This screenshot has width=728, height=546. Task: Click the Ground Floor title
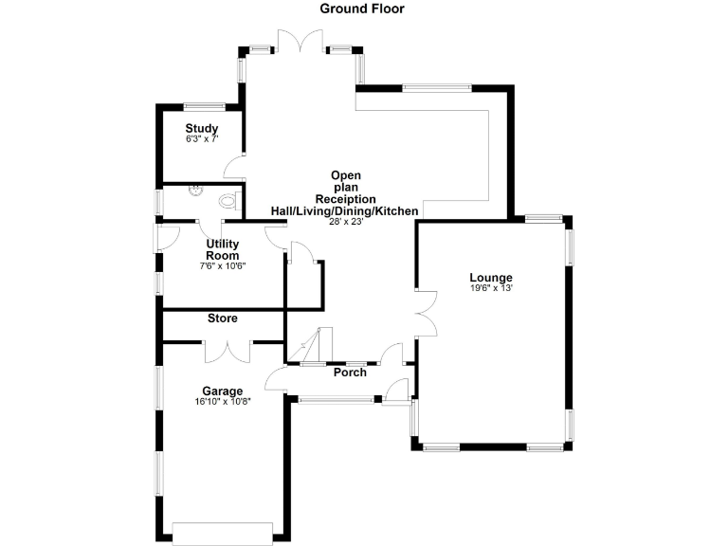(362, 9)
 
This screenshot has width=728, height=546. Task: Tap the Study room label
(202, 129)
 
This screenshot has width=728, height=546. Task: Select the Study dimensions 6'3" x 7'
(202, 139)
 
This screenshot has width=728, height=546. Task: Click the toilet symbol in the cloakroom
(227, 200)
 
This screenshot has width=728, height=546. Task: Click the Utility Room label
(223, 249)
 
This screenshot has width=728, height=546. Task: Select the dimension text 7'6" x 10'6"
(223, 266)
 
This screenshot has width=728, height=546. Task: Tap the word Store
(223, 318)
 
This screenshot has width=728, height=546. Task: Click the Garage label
(223, 391)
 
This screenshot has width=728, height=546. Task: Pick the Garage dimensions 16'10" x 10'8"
(223, 402)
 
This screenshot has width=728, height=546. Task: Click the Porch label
(350, 373)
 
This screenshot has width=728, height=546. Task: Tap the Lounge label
(491, 278)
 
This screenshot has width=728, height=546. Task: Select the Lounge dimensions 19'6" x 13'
(491, 288)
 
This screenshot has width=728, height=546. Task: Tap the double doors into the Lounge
(426, 314)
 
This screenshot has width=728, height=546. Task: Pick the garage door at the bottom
(223, 534)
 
